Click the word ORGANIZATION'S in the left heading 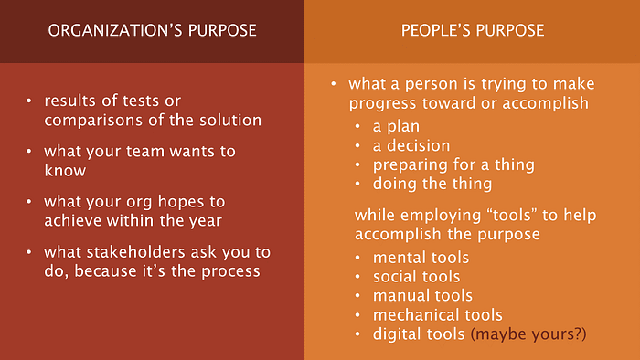click(x=114, y=30)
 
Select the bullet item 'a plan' click(x=396, y=126)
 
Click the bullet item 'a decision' click(x=411, y=145)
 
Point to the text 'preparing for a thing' click(x=453, y=164)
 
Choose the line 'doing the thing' click(x=432, y=184)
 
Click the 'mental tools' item click(x=421, y=258)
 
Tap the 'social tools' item click(x=416, y=277)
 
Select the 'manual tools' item click(x=422, y=295)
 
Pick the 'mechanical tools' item click(x=438, y=314)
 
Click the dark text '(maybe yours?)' click(x=528, y=334)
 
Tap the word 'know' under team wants click(x=65, y=171)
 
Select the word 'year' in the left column click(x=206, y=221)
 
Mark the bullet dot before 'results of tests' click(x=29, y=101)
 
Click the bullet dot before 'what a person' click(x=334, y=83)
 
